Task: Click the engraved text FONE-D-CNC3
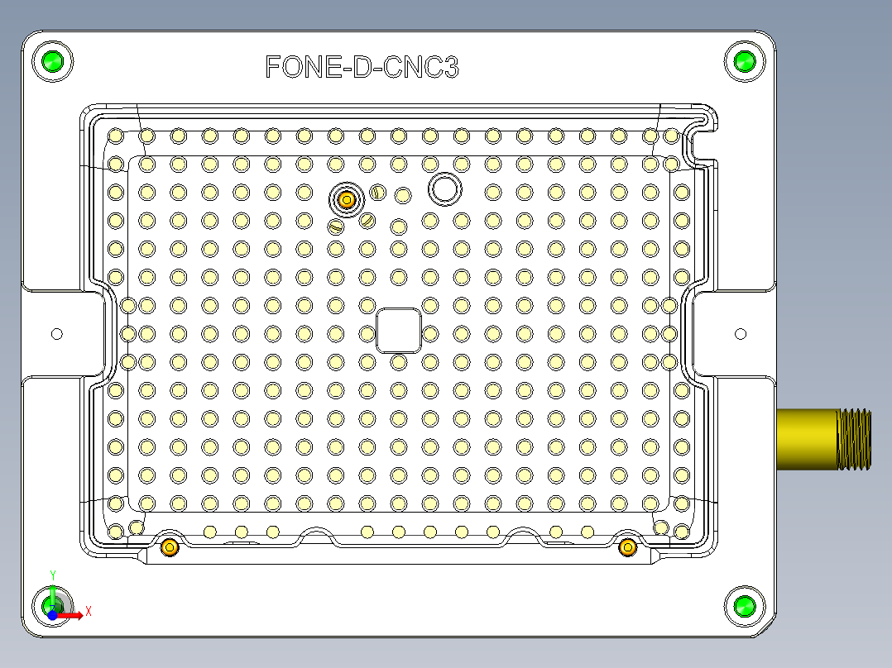click(362, 67)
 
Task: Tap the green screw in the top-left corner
click(52, 61)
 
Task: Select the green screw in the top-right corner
click(745, 61)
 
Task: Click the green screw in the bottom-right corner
click(745, 607)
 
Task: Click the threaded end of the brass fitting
click(855, 438)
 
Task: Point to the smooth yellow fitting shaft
click(807, 438)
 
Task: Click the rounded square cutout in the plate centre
click(399, 331)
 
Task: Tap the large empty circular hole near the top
click(444, 189)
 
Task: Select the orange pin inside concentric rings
click(348, 199)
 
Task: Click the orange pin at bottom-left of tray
click(170, 546)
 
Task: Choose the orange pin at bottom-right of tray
click(627, 546)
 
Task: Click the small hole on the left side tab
click(57, 334)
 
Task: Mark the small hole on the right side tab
click(741, 334)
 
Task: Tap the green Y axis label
click(53, 575)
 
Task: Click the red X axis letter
click(88, 611)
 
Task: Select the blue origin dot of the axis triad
click(51, 615)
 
